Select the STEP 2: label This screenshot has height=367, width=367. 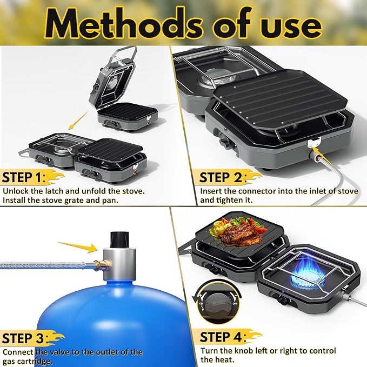(x=223, y=178)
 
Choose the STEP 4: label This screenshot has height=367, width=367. (x=223, y=337)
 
